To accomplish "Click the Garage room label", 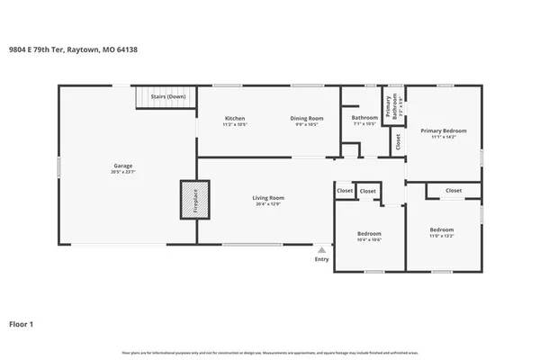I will coord(123,166).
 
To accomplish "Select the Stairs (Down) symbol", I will coord(166,97).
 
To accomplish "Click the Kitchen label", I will coord(235,119).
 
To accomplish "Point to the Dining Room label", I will coord(306,119).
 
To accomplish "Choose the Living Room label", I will coord(267,197).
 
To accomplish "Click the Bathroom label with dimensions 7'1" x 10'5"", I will coord(364,118).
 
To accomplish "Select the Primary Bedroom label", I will coord(444,131).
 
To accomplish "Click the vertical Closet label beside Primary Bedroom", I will coord(398,142).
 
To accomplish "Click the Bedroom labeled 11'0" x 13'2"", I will coord(441,229).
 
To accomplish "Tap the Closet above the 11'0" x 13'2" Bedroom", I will coord(454,191).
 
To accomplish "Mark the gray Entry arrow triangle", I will coord(321,249).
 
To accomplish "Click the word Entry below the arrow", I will coord(321,260).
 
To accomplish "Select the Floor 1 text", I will coord(22,323).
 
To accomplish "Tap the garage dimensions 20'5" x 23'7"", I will coord(123,171).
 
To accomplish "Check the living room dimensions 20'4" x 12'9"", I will coord(267,203).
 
